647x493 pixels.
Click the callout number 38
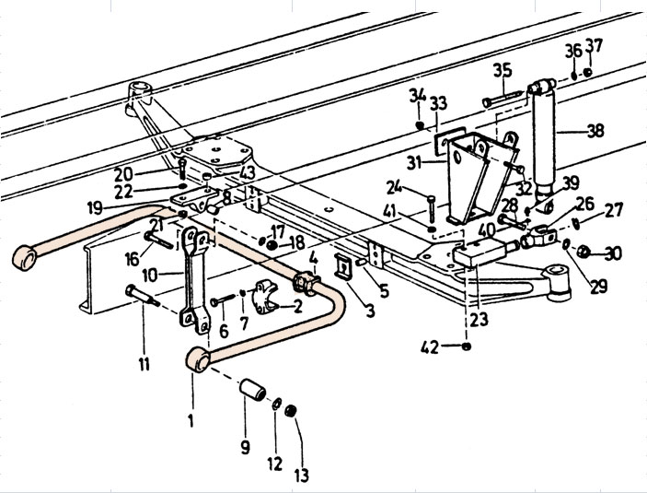(595, 131)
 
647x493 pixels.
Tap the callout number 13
(302, 475)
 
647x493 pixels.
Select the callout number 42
(430, 347)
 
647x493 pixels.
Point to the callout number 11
(144, 365)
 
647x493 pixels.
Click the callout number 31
(414, 162)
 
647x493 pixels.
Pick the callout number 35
(503, 70)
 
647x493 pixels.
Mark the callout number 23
(479, 319)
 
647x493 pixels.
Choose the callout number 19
(95, 207)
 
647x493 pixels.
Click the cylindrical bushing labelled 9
(253, 389)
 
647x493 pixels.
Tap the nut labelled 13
(291, 411)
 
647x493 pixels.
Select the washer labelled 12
(277, 404)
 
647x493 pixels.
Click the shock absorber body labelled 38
(544, 136)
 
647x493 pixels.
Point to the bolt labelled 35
(503, 99)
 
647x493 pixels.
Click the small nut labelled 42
(467, 346)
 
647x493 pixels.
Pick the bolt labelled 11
(143, 296)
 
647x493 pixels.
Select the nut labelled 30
(583, 252)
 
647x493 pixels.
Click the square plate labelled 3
(343, 266)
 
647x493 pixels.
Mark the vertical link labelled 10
(194, 280)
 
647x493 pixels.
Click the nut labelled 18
(272, 245)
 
